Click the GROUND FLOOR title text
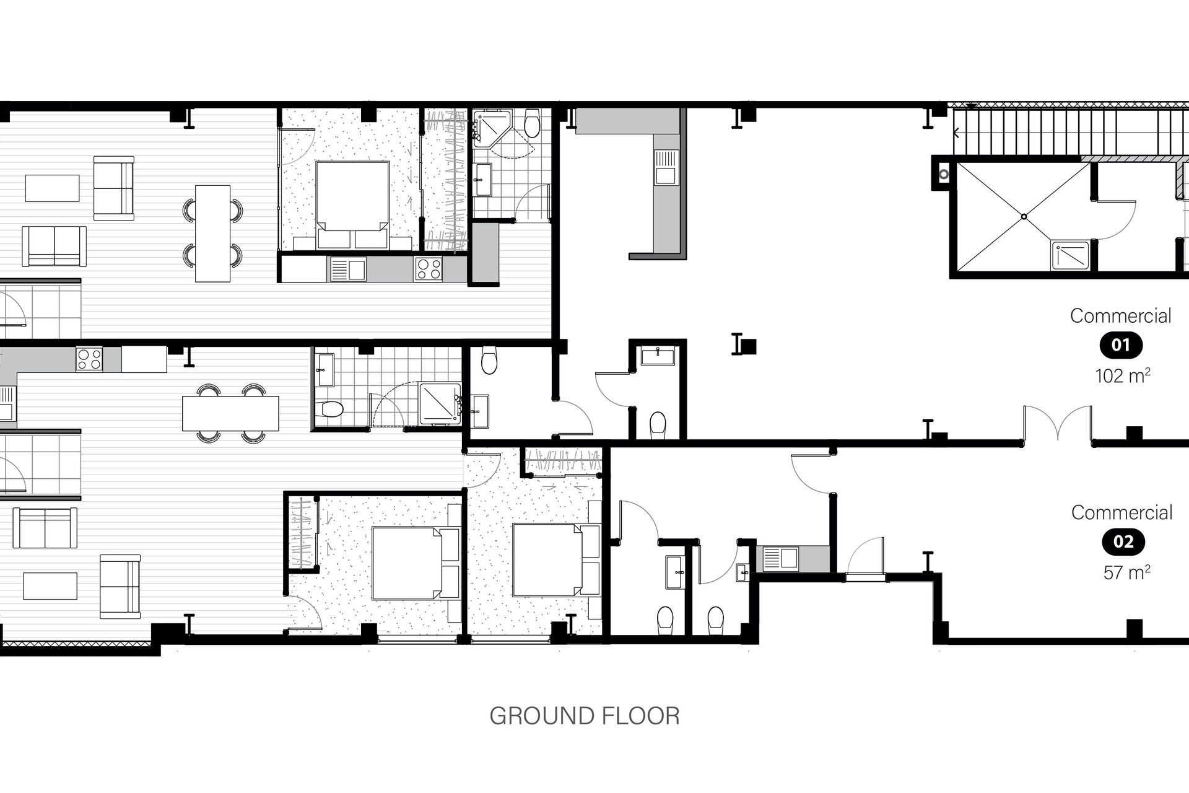click(x=585, y=716)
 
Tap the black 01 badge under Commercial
click(x=1121, y=345)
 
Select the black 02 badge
click(x=1123, y=542)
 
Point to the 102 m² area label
click(x=1123, y=375)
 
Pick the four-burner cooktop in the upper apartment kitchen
click(x=429, y=269)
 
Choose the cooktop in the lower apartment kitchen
click(x=89, y=359)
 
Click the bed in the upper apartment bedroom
click(x=352, y=196)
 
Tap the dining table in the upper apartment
click(x=212, y=234)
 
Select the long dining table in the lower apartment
click(x=230, y=413)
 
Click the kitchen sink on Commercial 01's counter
click(x=666, y=167)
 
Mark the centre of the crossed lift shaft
click(x=1024, y=216)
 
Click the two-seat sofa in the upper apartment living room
click(x=54, y=246)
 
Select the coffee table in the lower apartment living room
click(x=50, y=586)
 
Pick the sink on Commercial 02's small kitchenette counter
click(x=780, y=558)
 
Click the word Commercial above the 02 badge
click(x=1121, y=512)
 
